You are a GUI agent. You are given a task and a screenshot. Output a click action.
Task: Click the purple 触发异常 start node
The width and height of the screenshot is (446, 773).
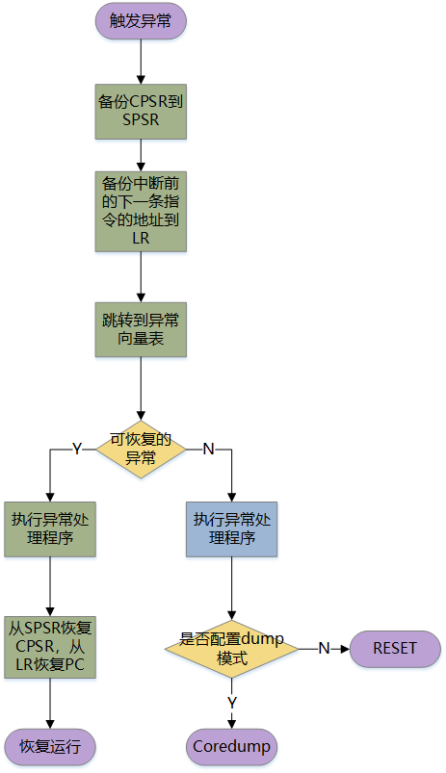click(x=141, y=21)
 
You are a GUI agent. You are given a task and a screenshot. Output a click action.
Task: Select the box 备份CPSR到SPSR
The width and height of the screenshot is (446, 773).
click(x=141, y=112)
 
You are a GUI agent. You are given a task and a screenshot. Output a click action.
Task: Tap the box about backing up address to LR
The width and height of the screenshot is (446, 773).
click(x=141, y=211)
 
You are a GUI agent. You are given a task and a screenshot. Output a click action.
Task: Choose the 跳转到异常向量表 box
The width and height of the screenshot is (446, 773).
click(x=141, y=329)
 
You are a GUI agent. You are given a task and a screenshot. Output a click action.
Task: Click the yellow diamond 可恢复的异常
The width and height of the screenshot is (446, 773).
click(x=141, y=450)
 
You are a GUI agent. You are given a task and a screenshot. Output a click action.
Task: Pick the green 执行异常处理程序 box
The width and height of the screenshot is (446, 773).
click(x=50, y=529)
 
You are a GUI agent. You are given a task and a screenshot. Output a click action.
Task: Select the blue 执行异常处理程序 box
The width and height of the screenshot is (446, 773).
click(x=231, y=529)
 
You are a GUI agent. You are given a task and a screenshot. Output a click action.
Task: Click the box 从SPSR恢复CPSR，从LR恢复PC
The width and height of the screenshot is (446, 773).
click(x=50, y=647)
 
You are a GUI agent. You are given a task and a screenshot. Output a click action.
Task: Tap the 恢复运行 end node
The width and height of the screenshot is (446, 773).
click(x=50, y=747)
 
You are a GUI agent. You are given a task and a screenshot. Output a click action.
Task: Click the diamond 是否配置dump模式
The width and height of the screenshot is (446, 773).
click(x=231, y=649)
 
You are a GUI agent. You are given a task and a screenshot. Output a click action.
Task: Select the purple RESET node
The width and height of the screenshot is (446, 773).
click(x=395, y=649)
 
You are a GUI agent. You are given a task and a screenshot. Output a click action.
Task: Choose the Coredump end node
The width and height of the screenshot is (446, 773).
click(x=231, y=747)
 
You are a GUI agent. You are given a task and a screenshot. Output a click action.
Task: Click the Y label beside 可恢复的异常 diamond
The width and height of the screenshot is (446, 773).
click(x=77, y=449)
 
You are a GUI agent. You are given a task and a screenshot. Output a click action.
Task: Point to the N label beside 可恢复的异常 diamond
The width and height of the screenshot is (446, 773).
click(x=208, y=449)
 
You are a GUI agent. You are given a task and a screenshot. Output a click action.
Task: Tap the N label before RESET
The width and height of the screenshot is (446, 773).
click(x=324, y=648)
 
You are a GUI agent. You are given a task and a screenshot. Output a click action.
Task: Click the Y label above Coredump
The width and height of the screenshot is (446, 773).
click(x=231, y=702)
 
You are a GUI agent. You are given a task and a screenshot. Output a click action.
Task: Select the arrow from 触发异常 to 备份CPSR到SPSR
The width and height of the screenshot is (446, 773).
click(x=141, y=62)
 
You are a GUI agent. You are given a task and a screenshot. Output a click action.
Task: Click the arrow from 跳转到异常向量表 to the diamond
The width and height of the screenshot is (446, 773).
click(x=141, y=389)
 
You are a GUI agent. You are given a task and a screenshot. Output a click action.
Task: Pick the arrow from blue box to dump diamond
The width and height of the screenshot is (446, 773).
click(x=231, y=588)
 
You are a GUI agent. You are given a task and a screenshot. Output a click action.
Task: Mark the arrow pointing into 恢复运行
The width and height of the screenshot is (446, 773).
click(x=50, y=704)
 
